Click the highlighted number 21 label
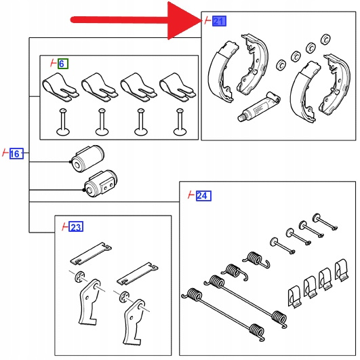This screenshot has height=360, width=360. (x=219, y=21)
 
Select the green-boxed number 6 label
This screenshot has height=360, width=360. (x=63, y=64)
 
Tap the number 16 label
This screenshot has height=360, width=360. (x=16, y=153)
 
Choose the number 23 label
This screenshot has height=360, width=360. (x=76, y=226)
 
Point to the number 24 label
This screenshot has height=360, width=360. (x=203, y=196)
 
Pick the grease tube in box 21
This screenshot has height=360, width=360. (x=259, y=106)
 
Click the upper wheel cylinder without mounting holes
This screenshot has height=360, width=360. (x=87, y=159)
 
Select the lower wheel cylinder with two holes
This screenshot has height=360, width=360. (x=100, y=184)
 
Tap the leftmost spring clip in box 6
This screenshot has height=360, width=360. (x=60, y=87)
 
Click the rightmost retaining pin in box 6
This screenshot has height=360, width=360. (x=180, y=122)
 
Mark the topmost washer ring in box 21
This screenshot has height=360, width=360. (x=325, y=39)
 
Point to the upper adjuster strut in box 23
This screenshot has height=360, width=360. (x=91, y=254)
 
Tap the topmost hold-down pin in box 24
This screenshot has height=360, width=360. (x=325, y=221)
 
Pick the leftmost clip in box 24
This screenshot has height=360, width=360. (x=294, y=296)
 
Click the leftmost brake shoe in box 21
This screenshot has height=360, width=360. (x=222, y=71)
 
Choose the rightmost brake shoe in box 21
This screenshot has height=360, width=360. (x=335, y=85)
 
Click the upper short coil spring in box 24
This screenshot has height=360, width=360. (x=256, y=260)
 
